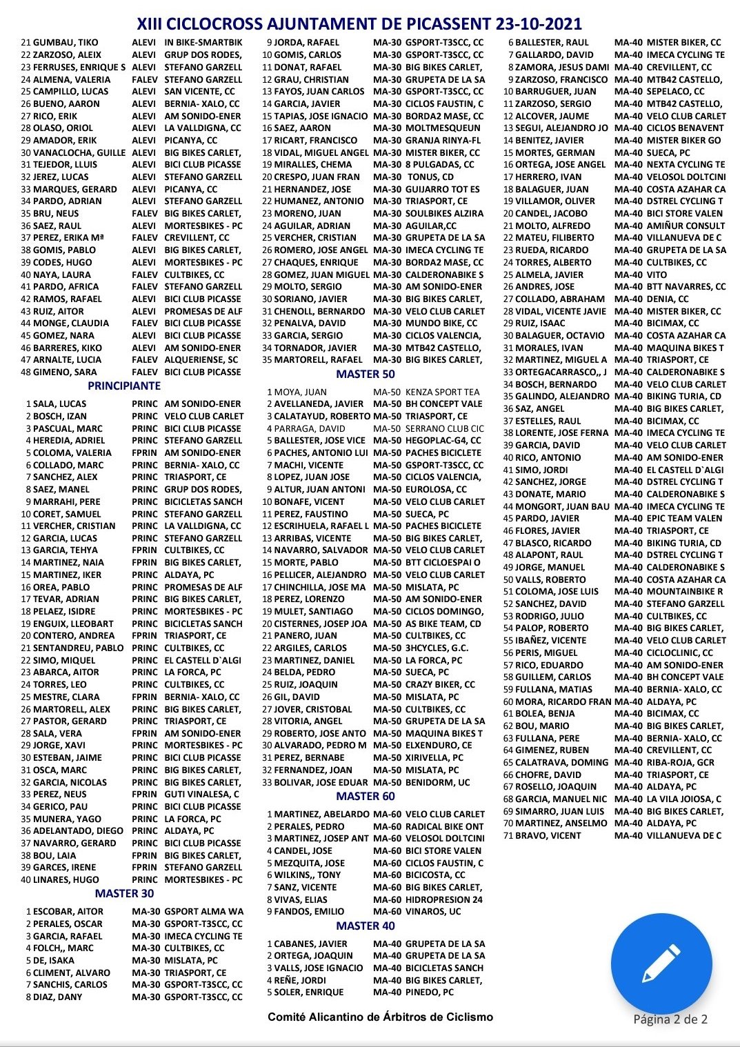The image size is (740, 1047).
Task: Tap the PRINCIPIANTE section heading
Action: (124, 386)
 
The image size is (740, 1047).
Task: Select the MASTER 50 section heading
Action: (366, 374)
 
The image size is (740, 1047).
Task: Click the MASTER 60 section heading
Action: (366, 796)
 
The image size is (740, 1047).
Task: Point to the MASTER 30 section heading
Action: (124, 893)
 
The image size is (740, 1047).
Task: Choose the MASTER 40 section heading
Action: (366, 926)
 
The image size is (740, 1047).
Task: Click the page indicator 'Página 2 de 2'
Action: (670, 1019)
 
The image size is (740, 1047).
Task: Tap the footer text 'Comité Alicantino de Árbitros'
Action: (380, 1017)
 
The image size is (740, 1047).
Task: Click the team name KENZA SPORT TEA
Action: (442, 392)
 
